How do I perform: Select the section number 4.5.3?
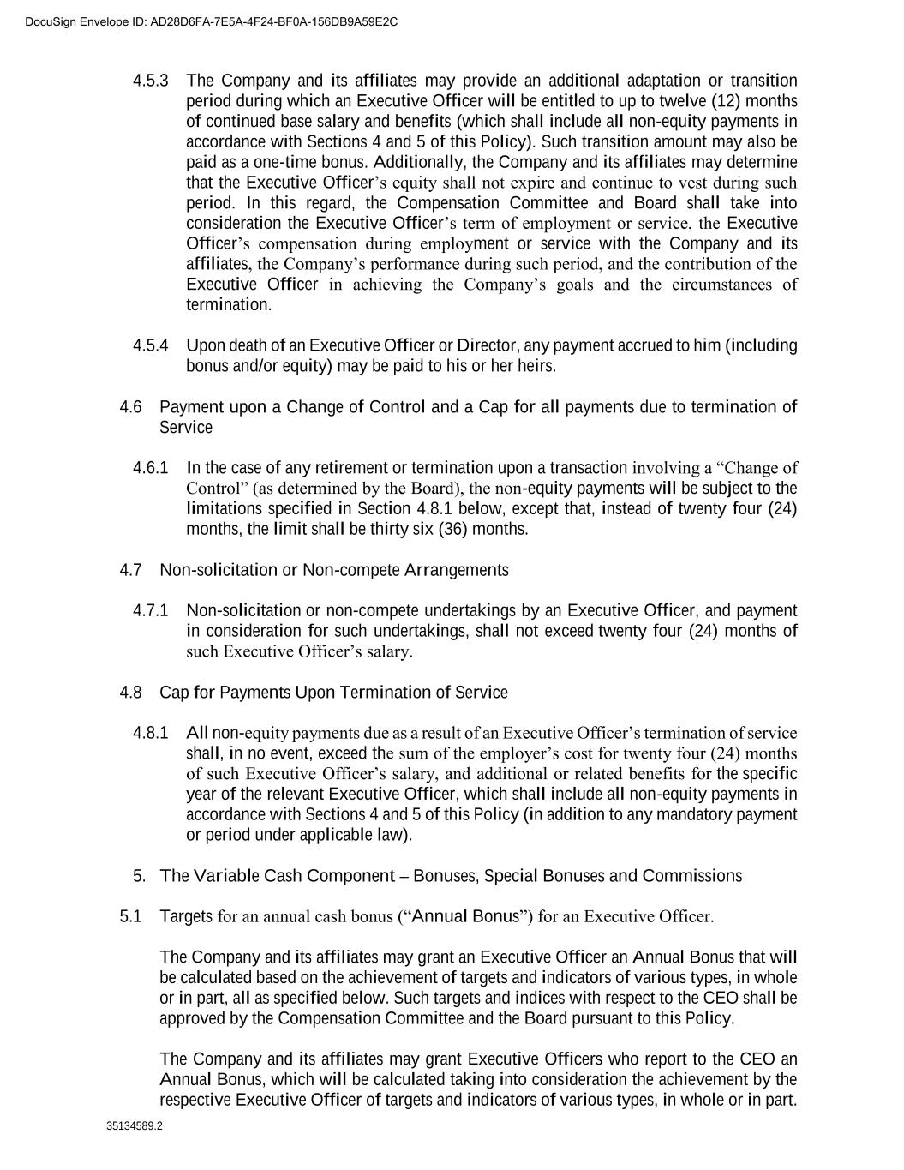[x=151, y=81]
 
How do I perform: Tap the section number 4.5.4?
[x=151, y=345]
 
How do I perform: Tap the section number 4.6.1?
[x=151, y=468]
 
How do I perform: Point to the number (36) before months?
[x=452, y=529]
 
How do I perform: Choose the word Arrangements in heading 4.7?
[x=456, y=570]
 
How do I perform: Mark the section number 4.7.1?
[x=151, y=610]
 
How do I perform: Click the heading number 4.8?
[x=130, y=693]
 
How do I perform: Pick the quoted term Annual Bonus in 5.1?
[x=465, y=916]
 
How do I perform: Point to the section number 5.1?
[x=130, y=916]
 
